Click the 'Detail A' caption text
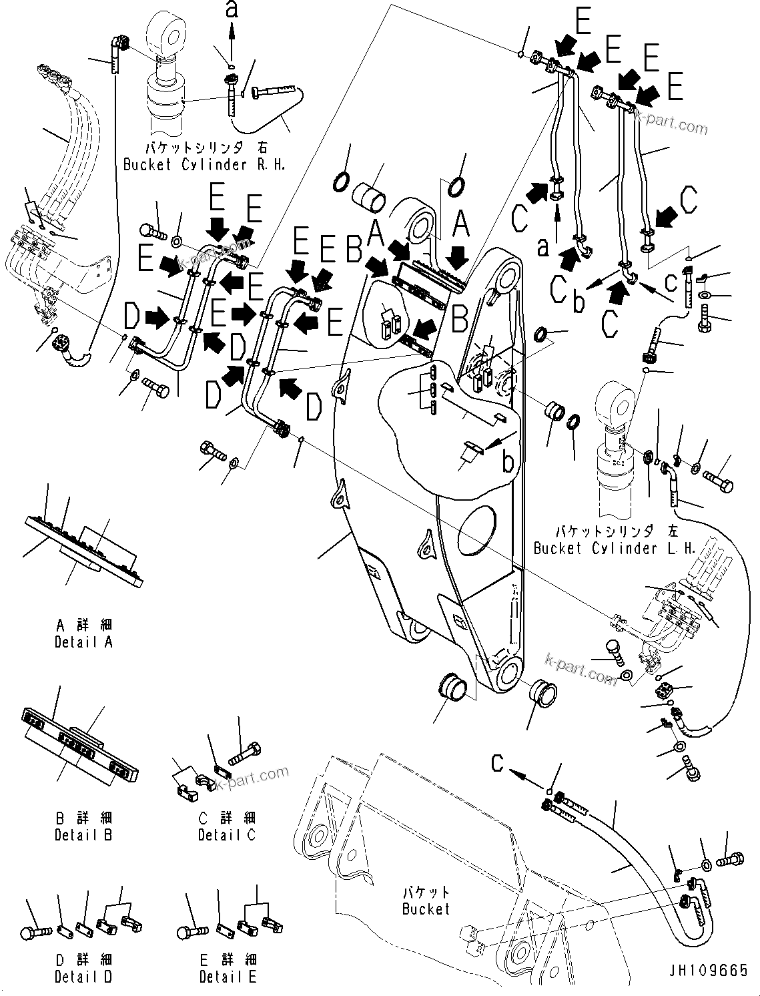(x=83, y=642)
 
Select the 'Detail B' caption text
(x=83, y=834)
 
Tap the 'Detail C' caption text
(x=226, y=834)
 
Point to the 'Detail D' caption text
(x=83, y=977)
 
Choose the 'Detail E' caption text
(x=228, y=977)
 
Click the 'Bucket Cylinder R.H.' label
(x=204, y=164)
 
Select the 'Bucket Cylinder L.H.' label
(x=615, y=548)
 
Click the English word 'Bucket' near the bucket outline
(x=426, y=909)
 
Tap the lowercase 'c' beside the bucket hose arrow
(x=498, y=763)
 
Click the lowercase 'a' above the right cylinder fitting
(x=232, y=10)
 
